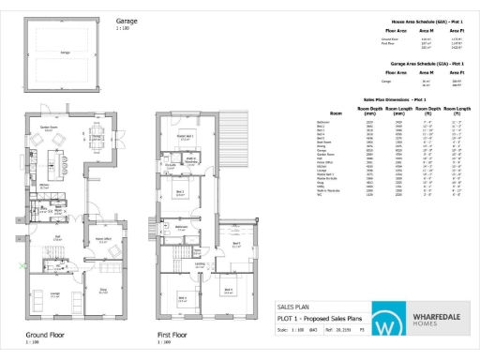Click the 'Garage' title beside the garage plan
127,20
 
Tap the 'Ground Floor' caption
43,335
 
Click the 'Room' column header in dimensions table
322,112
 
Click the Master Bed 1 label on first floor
185,136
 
